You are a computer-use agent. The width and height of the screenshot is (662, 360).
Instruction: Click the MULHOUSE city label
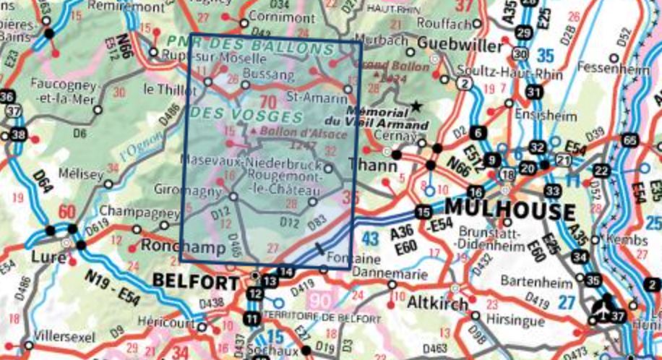pos(512,211)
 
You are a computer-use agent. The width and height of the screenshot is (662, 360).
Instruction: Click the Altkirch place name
pos(438,303)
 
